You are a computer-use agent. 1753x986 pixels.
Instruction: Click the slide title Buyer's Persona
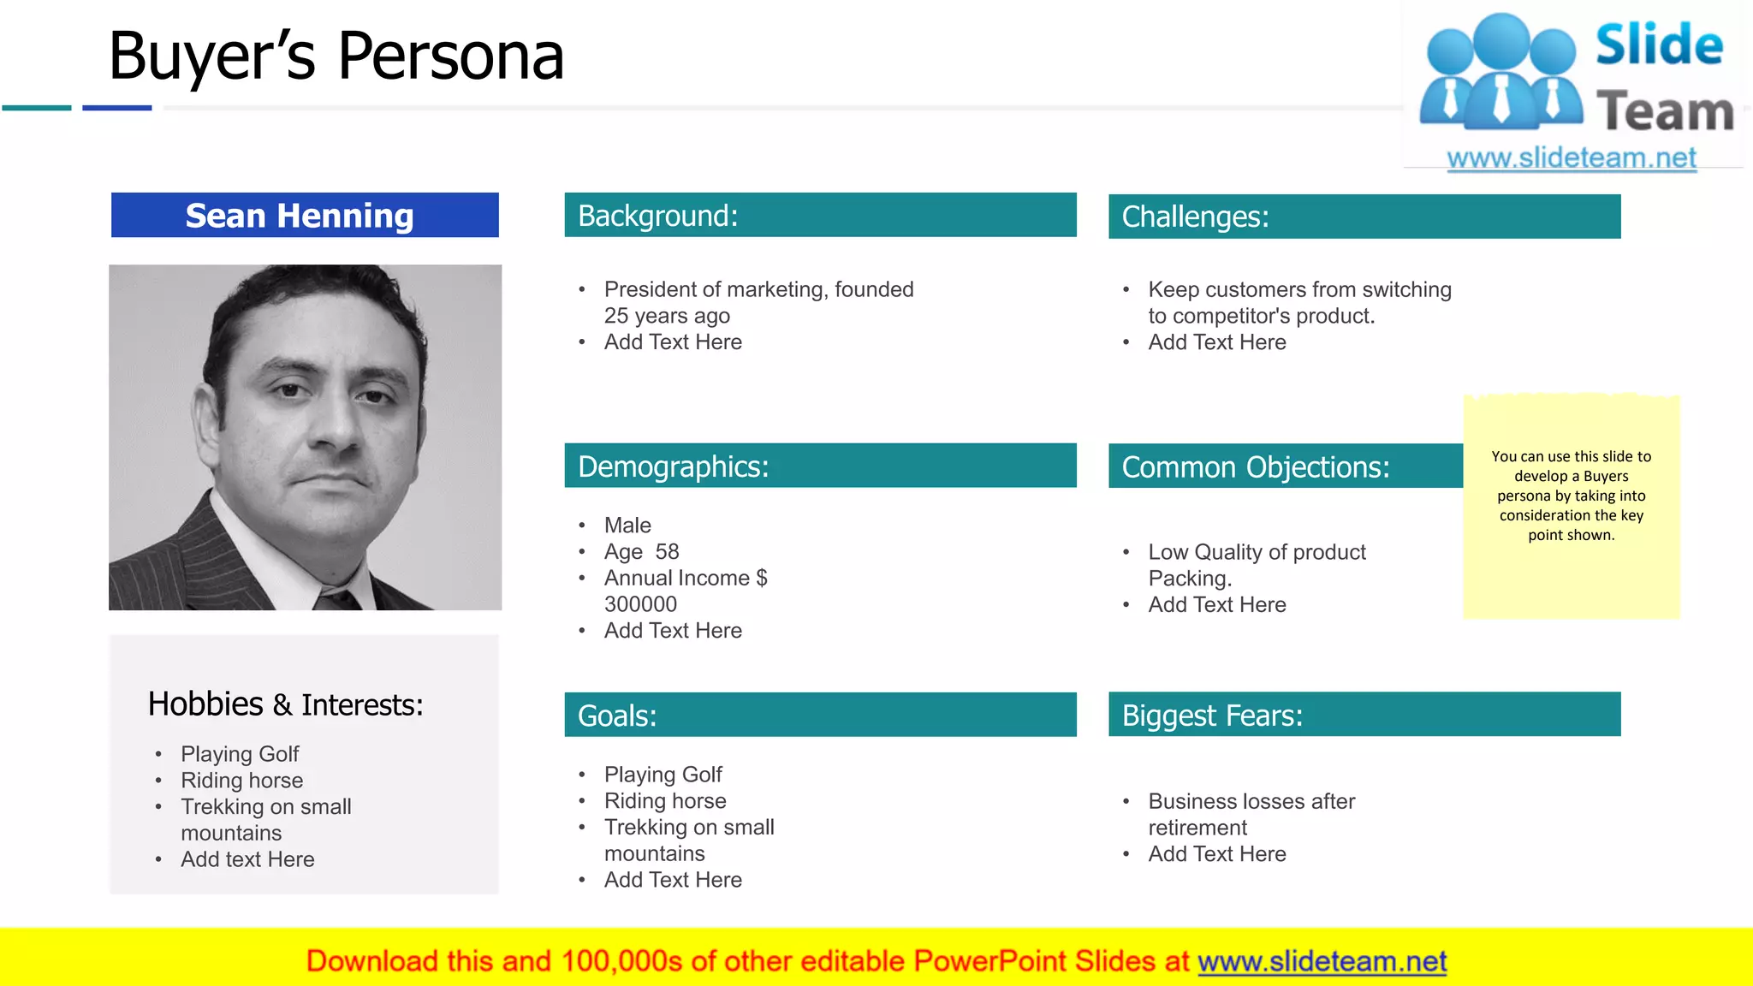coord(336,56)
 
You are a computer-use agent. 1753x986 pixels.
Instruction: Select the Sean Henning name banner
coord(305,216)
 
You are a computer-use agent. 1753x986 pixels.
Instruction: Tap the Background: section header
coord(820,216)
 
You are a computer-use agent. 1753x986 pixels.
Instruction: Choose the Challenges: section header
coord(1364,217)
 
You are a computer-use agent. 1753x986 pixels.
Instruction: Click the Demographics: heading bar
coord(820,466)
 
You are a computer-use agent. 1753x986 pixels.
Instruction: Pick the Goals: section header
coord(820,716)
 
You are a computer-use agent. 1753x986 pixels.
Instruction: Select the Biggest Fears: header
coord(1364,715)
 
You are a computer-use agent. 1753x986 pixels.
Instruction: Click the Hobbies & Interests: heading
coord(285,704)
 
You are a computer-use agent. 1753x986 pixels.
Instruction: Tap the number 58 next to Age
coord(667,552)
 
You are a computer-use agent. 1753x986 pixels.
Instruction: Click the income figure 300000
coord(640,604)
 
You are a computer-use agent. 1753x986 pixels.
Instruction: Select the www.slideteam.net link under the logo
coord(1571,158)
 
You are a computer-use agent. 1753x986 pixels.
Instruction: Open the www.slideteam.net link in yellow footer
coord(1322,962)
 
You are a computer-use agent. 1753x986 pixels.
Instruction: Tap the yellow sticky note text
coord(1571,496)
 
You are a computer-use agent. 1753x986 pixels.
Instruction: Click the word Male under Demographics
coord(627,526)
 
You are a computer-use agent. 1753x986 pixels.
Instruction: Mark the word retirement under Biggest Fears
coord(1197,828)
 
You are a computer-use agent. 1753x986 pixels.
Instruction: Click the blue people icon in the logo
coord(1500,73)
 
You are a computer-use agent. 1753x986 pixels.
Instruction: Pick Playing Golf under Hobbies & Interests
coord(240,754)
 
